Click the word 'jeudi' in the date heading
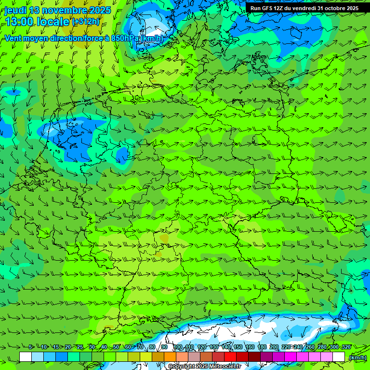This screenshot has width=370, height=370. (16, 10)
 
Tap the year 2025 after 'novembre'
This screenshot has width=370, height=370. (100, 10)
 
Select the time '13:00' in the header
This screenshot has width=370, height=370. (19, 22)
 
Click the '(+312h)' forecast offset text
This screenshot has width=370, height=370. (86, 22)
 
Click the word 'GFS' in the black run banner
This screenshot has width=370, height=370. (269, 8)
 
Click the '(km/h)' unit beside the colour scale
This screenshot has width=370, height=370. (357, 357)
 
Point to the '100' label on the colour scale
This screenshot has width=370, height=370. (177, 347)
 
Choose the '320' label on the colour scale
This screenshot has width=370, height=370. (346, 347)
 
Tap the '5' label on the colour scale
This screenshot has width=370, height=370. (31, 347)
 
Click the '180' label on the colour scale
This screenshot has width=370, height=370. (262, 347)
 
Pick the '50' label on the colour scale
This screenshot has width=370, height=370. (116, 347)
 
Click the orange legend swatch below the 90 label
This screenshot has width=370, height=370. (170, 357)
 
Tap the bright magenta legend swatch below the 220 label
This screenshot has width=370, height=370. (291, 357)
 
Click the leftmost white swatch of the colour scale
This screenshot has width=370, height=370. (26, 357)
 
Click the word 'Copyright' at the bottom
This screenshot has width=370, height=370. (182, 366)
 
